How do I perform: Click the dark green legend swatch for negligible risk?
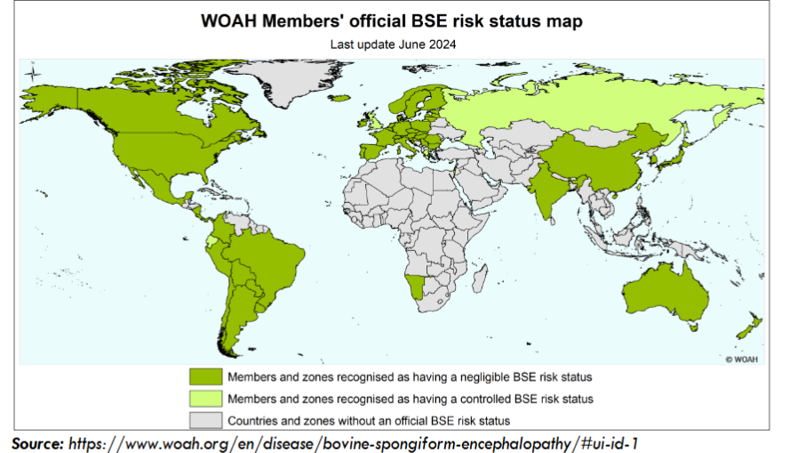pos(205,377)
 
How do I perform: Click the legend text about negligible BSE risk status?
pos(410,377)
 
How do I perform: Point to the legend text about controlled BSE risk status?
pos(410,399)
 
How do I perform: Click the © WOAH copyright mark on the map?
pos(742,359)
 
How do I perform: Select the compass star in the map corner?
pos(34,73)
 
